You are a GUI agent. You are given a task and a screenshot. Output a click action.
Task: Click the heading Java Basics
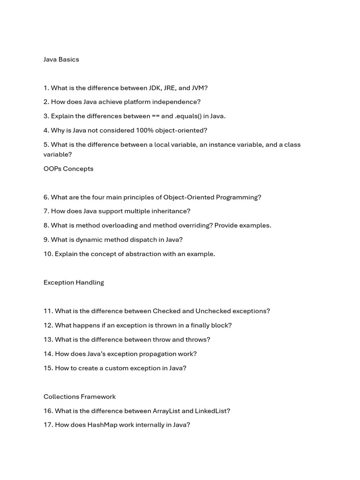pyautogui.click(x=61, y=60)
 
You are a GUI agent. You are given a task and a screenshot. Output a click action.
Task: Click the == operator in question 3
pyautogui.click(x=155, y=116)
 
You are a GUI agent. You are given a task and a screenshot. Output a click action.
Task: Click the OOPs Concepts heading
pyautogui.click(x=68, y=169)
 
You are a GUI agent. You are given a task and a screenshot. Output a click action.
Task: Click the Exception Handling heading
pyautogui.click(x=74, y=283)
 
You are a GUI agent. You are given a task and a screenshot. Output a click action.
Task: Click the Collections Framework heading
pyautogui.click(x=80, y=397)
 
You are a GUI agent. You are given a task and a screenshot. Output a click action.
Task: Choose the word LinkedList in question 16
pyautogui.click(x=213, y=411)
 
